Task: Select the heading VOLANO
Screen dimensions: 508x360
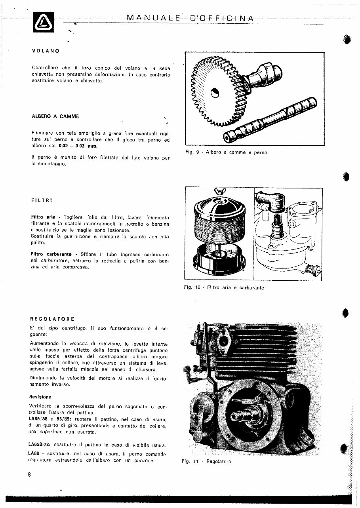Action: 46,51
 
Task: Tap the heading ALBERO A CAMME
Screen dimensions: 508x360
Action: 55,116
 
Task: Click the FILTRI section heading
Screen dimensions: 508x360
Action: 42,201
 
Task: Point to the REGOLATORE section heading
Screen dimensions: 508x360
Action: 52,318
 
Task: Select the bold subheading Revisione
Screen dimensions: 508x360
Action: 40,397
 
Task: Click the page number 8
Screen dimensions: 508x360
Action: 29,476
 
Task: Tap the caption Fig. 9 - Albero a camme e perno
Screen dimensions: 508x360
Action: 226,152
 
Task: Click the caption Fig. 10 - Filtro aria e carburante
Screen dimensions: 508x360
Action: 224,288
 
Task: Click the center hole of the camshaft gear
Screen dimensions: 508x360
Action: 214,93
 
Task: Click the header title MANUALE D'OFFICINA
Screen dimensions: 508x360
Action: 190,18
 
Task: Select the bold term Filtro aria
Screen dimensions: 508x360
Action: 43,217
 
